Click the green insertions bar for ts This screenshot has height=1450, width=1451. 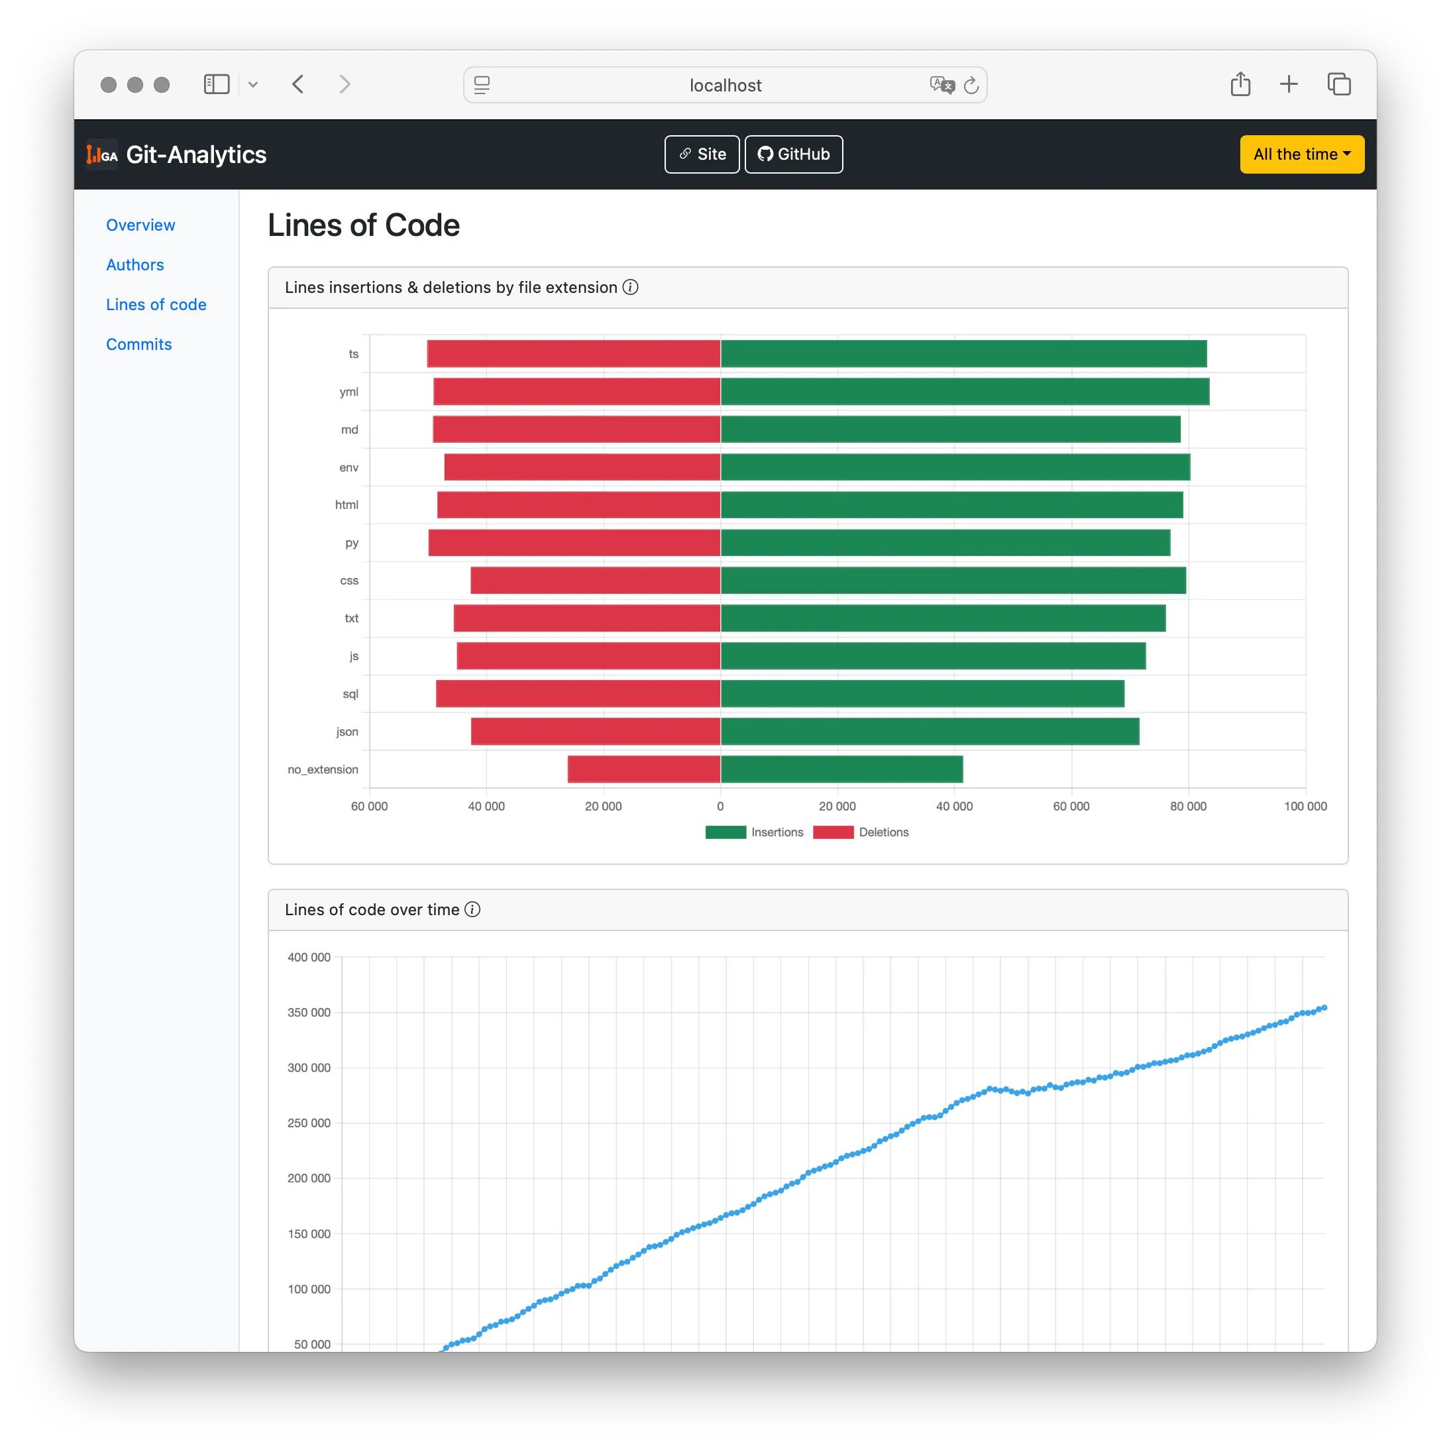tap(963, 354)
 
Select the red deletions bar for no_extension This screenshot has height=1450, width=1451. tap(643, 769)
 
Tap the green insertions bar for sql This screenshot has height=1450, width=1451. tap(922, 693)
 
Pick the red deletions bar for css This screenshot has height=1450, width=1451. tap(595, 580)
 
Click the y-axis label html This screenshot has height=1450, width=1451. tap(347, 505)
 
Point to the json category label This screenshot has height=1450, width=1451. tap(347, 732)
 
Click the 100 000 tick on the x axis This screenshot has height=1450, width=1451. tap(1305, 806)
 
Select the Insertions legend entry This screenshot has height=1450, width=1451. tap(754, 832)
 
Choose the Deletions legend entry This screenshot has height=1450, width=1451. tap(861, 832)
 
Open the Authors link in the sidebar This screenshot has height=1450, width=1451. tap(134, 264)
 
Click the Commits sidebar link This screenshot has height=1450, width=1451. tap(139, 344)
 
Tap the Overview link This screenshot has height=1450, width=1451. tap(140, 225)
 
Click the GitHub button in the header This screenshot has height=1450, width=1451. tap(793, 154)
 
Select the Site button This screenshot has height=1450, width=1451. tap(702, 154)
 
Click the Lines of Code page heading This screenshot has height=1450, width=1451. tap(364, 225)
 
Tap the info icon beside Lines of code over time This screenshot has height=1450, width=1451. tap(472, 909)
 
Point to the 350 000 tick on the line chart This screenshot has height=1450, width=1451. tap(309, 1012)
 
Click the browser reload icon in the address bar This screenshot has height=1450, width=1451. tap(971, 85)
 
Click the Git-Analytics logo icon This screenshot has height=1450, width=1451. tap(102, 155)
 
